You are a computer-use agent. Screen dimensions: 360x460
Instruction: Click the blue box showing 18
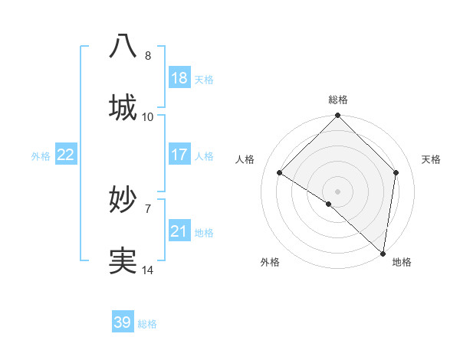(x=179, y=78)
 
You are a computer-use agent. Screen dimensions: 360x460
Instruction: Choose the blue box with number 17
(x=179, y=155)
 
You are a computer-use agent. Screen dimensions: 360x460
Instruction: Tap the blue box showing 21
(x=179, y=231)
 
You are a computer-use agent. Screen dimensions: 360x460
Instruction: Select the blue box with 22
(x=65, y=155)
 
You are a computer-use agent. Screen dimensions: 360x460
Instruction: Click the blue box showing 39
(x=122, y=322)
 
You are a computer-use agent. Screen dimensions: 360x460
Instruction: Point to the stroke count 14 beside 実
(x=147, y=270)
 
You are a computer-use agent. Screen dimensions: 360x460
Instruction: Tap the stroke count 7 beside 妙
(x=147, y=208)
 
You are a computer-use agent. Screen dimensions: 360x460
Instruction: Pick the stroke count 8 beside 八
(x=147, y=55)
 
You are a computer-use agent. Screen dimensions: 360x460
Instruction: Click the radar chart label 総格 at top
(x=337, y=100)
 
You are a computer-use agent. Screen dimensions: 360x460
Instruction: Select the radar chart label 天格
(x=431, y=159)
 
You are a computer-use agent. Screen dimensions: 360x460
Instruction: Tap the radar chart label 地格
(x=401, y=262)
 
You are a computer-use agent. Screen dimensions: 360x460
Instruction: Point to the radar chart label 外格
(x=270, y=262)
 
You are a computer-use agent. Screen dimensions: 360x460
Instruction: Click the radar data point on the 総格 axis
(x=337, y=116)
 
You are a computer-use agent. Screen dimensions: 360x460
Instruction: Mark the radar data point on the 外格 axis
(x=328, y=204)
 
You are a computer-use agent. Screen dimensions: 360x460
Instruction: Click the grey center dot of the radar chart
(x=337, y=191)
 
